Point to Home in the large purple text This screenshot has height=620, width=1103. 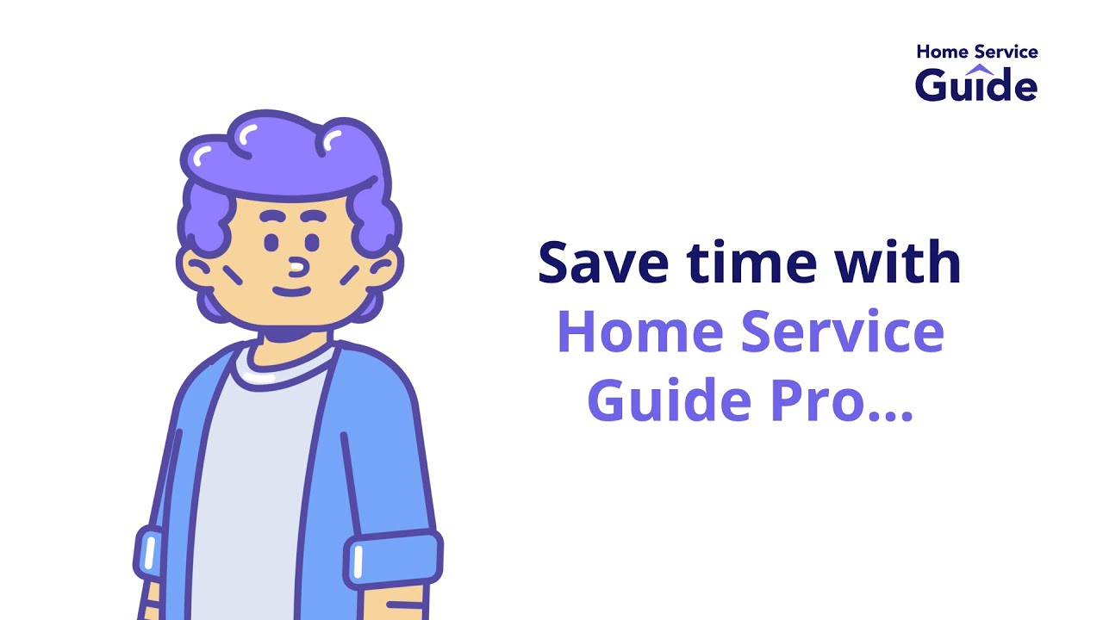636,332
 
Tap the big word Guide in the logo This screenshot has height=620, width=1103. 976,85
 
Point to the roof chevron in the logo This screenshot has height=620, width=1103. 979,68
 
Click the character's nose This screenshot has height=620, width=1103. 296,267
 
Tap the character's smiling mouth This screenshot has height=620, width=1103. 292,290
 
